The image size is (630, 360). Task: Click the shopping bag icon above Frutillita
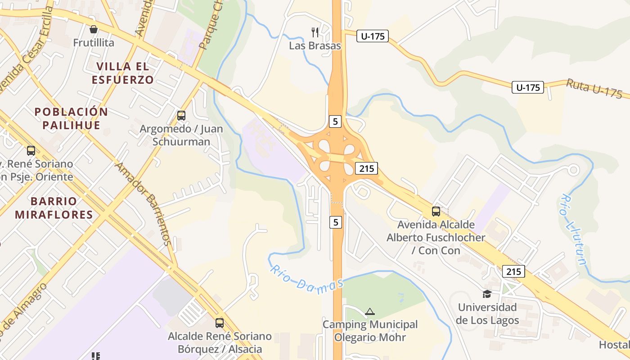(94, 30)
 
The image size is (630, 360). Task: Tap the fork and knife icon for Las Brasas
(315, 32)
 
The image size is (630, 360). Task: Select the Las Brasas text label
(315, 45)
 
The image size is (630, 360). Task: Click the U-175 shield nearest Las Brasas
(373, 36)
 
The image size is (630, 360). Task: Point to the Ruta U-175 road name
(594, 88)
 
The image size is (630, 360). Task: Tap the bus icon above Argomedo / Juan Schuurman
(181, 116)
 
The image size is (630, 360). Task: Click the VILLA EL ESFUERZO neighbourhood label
(123, 73)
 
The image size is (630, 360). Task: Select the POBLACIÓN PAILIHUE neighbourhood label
(72, 118)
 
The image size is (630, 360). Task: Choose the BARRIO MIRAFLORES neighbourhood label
(54, 207)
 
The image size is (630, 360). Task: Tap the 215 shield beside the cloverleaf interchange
(366, 169)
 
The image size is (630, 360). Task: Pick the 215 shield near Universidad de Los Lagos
(513, 271)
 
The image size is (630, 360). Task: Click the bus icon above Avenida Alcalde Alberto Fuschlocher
(436, 211)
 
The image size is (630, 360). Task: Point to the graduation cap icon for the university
(487, 294)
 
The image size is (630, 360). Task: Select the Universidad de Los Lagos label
(487, 314)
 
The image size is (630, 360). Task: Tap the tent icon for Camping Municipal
(370, 311)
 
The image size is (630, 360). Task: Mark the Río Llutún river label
(574, 229)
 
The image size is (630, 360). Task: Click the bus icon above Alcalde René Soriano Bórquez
(220, 323)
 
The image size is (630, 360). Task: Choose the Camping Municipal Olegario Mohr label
(370, 331)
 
